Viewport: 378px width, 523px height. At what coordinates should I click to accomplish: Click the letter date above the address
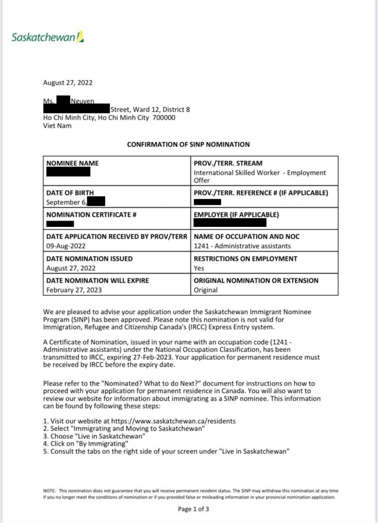tap(68, 83)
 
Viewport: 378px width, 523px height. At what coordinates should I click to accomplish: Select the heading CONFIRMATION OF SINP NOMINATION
tap(188, 145)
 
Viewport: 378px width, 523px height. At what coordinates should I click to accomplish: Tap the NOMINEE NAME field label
tap(73, 163)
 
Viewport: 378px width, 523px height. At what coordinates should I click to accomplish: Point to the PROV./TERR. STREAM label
tap(228, 163)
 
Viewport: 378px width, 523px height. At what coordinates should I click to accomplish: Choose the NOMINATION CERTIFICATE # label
tap(91, 215)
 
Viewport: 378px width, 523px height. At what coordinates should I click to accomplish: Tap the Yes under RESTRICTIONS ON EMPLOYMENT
tap(199, 268)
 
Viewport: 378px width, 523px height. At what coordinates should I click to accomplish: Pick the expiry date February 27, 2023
tap(74, 290)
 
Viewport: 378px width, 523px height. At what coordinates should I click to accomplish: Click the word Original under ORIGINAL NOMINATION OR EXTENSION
tap(205, 290)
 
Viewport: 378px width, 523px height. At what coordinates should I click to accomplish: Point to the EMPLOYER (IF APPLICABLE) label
tap(236, 215)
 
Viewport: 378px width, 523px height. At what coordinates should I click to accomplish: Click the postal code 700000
tap(163, 117)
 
